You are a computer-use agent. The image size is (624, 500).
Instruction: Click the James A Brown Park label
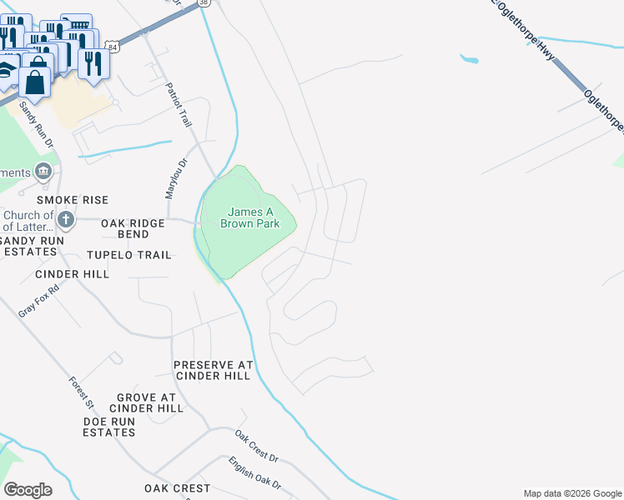tap(258, 218)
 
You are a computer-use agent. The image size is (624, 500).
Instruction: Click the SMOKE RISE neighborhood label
tap(73, 201)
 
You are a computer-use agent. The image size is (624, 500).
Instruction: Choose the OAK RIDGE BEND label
tap(136, 229)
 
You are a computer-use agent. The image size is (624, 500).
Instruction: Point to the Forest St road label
tap(81, 392)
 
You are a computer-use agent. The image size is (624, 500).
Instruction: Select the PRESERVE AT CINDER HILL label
tap(212, 370)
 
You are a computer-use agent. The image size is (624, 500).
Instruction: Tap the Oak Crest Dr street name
tap(255, 447)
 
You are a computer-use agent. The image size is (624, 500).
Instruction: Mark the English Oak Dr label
tap(255, 473)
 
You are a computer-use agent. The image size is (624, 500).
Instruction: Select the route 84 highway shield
tap(113, 47)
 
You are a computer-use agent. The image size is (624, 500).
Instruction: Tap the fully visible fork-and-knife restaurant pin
tap(92, 63)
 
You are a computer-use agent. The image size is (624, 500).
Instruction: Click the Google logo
tap(28, 490)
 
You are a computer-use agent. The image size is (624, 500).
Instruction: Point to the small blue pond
tap(470, 59)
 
